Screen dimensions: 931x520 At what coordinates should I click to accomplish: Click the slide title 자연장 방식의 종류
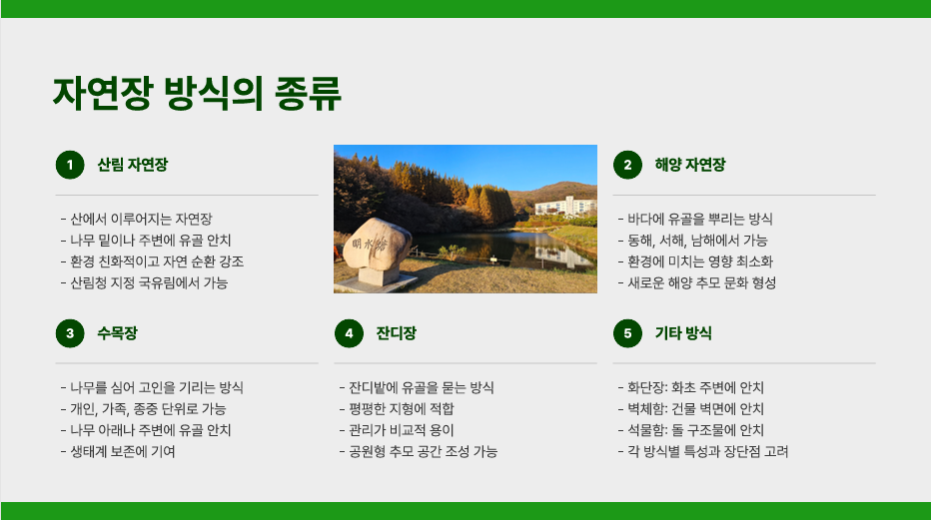coord(197,93)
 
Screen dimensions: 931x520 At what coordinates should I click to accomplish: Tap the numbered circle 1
coord(70,165)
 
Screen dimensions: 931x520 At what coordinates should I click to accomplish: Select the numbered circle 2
coord(627,165)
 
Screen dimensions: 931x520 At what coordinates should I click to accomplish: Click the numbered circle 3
coord(70,333)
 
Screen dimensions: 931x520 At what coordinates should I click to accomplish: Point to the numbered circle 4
coord(350,333)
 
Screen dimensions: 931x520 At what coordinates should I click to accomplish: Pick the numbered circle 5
coord(627,333)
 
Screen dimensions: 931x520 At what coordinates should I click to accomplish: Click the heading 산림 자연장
coord(133,165)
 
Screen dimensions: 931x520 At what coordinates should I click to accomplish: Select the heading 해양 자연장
coord(690,165)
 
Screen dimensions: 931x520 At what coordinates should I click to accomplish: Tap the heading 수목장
coord(118,333)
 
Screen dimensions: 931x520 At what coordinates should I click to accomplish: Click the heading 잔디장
coord(396,333)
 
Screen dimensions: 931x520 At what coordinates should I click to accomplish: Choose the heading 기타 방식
coord(683,333)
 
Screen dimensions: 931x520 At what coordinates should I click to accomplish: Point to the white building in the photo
coord(565,206)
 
